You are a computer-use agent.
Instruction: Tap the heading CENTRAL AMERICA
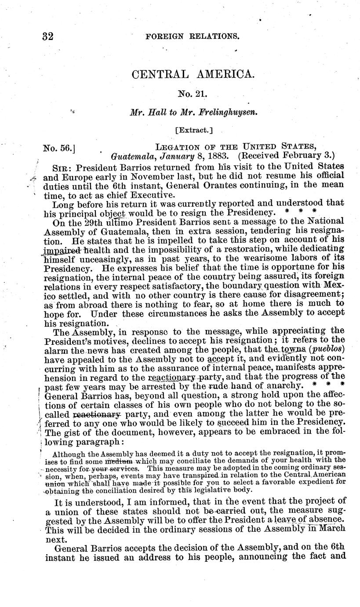(x=193, y=74)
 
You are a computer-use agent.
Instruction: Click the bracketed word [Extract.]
(x=193, y=130)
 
